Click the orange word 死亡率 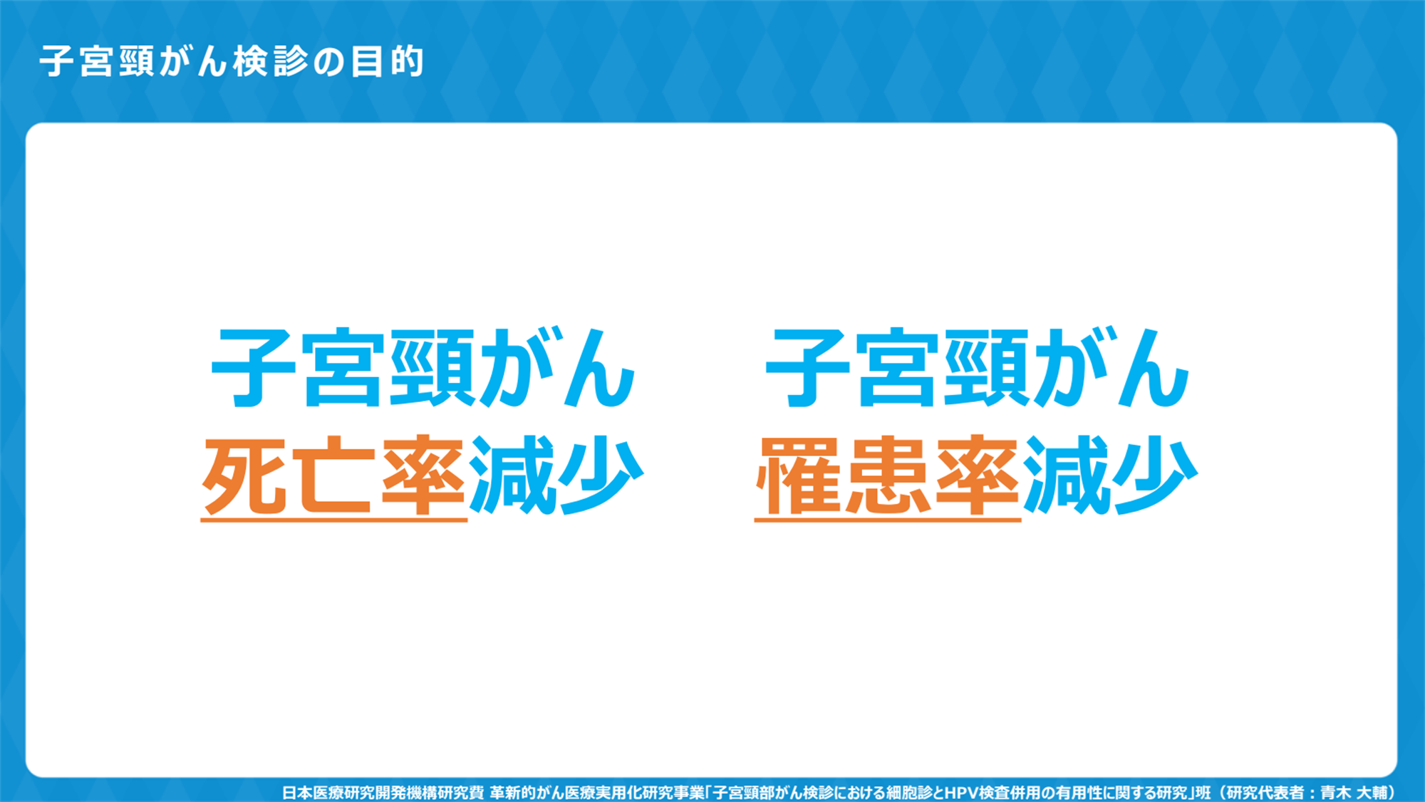[333, 475]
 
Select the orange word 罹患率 [888, 475]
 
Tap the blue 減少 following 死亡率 [556, 475]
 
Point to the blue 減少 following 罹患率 [1110, 475]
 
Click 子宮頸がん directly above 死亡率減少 [423, 368]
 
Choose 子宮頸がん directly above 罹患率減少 [977, 368]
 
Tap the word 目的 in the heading [388, 61]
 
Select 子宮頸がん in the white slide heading [133, 61]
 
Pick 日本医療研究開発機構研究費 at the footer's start [383, 793]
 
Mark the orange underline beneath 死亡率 [333, 520]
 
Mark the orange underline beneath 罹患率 [888, 520]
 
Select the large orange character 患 [888, 475]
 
